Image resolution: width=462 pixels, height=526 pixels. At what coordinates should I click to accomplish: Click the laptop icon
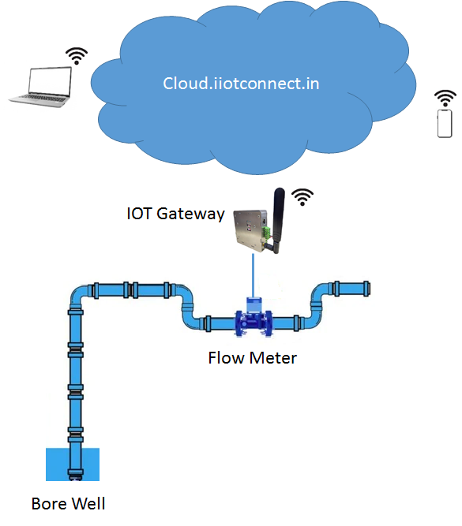point(40,87)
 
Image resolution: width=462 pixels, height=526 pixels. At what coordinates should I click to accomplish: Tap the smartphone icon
point(445,124)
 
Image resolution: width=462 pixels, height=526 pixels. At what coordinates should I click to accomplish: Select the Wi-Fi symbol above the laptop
point(77,56)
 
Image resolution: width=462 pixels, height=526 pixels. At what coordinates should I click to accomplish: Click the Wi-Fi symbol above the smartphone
point(445,98)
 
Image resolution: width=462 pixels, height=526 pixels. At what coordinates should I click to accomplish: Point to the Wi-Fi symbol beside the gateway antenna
point(302,197)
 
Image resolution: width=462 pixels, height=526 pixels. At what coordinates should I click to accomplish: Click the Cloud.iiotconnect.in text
point(241,83)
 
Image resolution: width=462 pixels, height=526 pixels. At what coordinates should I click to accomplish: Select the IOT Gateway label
point(175,214)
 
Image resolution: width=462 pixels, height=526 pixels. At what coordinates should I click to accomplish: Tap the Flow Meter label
point(253,357)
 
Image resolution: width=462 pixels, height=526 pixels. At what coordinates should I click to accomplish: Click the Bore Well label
point(68,503)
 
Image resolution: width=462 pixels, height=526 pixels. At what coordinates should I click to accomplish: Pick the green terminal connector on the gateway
point(266,233)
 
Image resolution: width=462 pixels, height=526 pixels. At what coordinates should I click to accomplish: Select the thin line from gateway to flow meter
point(253,275)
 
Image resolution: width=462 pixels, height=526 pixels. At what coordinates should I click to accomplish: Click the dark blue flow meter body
point(254,323)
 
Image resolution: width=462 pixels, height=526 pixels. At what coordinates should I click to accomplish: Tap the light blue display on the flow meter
point(254,304)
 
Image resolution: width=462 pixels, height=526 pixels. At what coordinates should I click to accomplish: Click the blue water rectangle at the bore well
point(73,464)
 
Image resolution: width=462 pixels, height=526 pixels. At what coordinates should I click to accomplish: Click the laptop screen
point(50,80)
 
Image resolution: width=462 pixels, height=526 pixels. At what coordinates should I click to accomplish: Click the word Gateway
point(190,214)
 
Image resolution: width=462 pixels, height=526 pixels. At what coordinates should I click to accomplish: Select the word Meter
point(273,357)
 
